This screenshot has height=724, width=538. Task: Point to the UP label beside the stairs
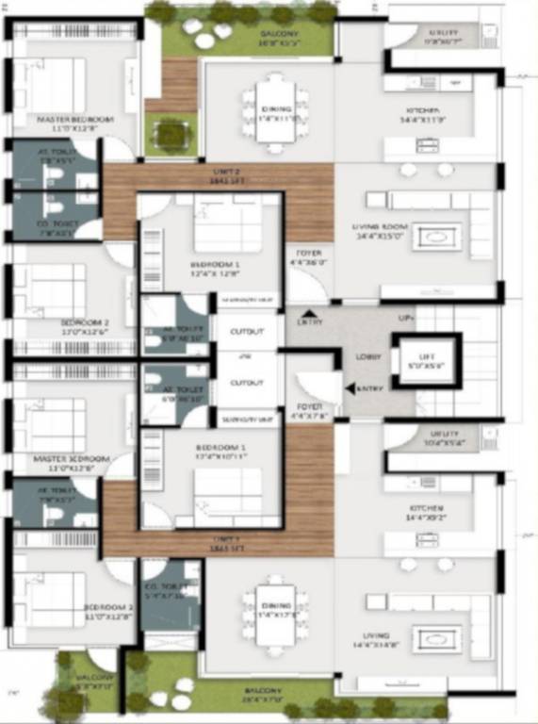coord(406,320)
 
